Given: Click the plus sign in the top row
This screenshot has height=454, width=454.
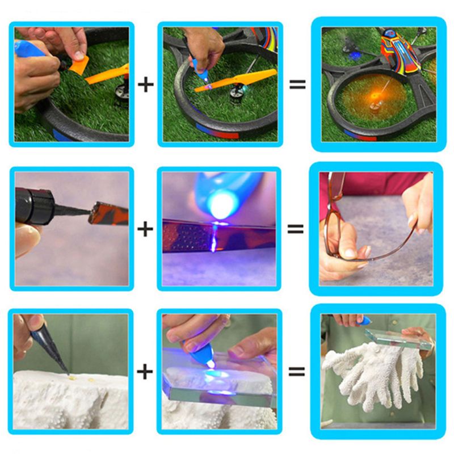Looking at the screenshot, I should point(146,85).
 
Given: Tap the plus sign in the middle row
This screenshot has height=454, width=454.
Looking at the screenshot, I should point(146,229).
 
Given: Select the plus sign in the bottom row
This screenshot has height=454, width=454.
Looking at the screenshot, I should point(146,372).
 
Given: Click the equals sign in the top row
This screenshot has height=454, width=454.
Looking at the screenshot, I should point(297,85).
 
